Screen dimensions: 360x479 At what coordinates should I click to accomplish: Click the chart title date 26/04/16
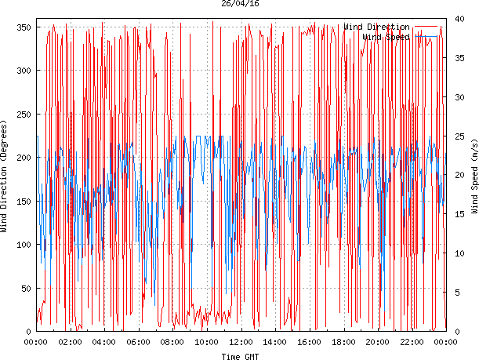241,4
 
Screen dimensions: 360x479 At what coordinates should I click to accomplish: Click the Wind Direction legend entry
376,27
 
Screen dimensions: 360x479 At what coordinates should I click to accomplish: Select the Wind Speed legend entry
387,37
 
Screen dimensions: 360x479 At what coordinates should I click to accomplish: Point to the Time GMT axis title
241,355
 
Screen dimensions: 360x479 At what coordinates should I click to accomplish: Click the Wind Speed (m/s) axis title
474,177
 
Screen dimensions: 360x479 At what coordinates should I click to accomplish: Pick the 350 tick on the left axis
22,27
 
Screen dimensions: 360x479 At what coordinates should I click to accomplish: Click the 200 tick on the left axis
22,158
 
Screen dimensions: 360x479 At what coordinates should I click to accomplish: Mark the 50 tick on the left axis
24,289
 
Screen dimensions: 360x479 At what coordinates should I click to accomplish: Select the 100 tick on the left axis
22,245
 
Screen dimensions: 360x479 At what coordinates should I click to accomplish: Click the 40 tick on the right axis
460,20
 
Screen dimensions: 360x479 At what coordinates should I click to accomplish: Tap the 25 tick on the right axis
460,136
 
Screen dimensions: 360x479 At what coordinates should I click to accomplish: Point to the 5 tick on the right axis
458,293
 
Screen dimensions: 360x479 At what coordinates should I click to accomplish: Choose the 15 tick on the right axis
460,214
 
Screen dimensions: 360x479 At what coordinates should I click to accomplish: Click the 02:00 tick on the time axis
70,342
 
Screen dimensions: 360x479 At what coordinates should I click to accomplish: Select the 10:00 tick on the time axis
206,342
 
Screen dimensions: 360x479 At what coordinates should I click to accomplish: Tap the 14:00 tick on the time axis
274,342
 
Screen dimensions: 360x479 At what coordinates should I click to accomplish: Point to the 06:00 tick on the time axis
138,342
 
